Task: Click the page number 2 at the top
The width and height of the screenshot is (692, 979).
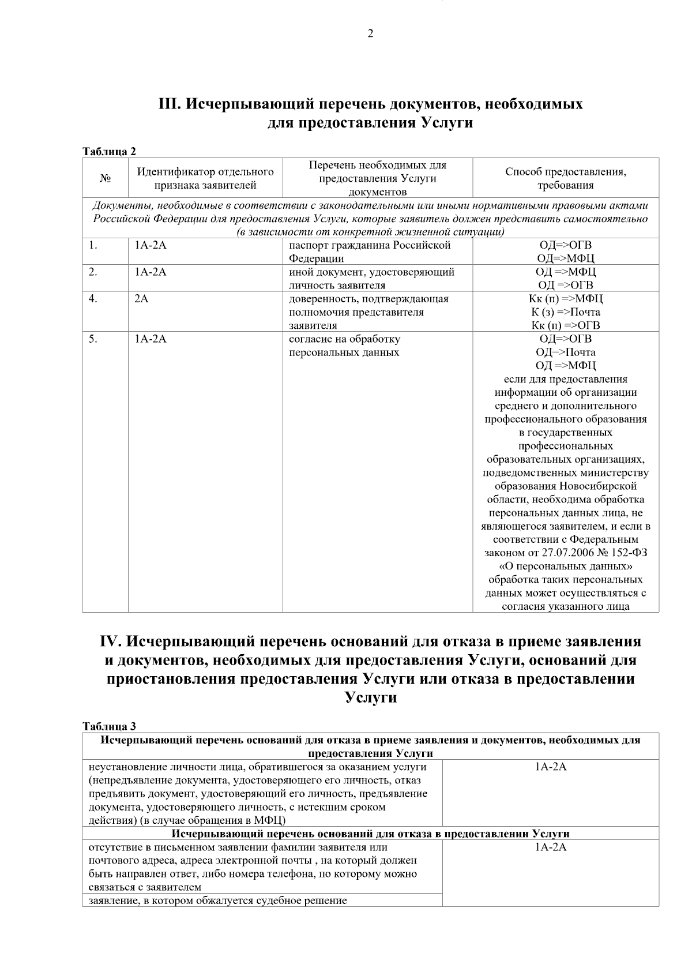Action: point(370,34)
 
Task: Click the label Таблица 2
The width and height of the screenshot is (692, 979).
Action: point(110,152)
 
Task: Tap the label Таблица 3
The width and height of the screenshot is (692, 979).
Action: point(110,727)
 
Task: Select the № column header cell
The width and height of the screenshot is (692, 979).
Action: point(105,179)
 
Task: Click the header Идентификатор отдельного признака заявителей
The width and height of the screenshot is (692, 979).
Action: point(205,179)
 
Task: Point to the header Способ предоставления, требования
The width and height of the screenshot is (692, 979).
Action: point(565,179)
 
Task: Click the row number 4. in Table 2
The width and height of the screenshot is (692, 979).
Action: point(93,299)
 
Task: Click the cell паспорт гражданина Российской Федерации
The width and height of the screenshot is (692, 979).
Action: point(369,252)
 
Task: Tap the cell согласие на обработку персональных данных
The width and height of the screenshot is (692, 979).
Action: point(344,346)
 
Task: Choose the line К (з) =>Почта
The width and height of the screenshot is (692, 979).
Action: point(565,312)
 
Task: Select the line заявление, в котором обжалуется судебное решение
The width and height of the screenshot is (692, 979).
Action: point(217,900)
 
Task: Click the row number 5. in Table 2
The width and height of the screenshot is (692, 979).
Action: point(93,339)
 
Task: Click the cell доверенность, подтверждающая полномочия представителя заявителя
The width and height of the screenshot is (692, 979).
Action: point(369,312)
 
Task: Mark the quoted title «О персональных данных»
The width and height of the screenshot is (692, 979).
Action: point(565,566)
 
